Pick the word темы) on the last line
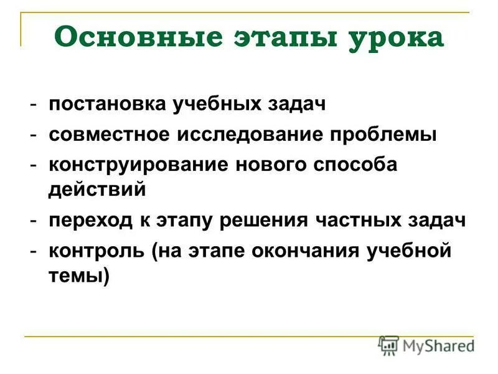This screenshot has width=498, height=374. point(78,275)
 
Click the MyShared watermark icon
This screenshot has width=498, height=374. point(388,345)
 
